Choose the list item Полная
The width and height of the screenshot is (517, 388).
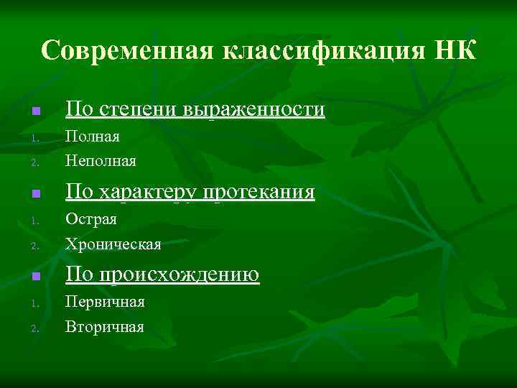93,137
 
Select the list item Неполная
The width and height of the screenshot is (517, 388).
101,161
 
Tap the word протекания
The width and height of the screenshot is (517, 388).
259,192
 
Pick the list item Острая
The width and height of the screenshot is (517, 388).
91,219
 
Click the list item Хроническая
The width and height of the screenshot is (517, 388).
113,244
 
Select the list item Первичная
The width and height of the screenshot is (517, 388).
105,302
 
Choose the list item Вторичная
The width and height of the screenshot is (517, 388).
105,327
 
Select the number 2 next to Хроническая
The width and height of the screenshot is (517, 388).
34,246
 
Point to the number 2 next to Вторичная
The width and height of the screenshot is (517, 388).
34,328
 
